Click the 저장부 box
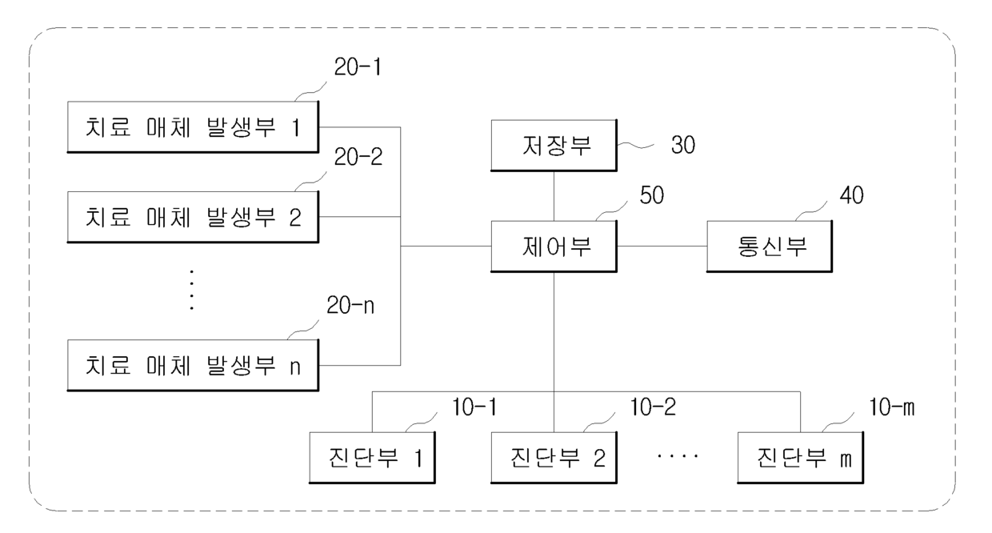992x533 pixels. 554,146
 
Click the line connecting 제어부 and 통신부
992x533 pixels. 662,246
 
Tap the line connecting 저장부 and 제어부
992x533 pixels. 554,196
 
